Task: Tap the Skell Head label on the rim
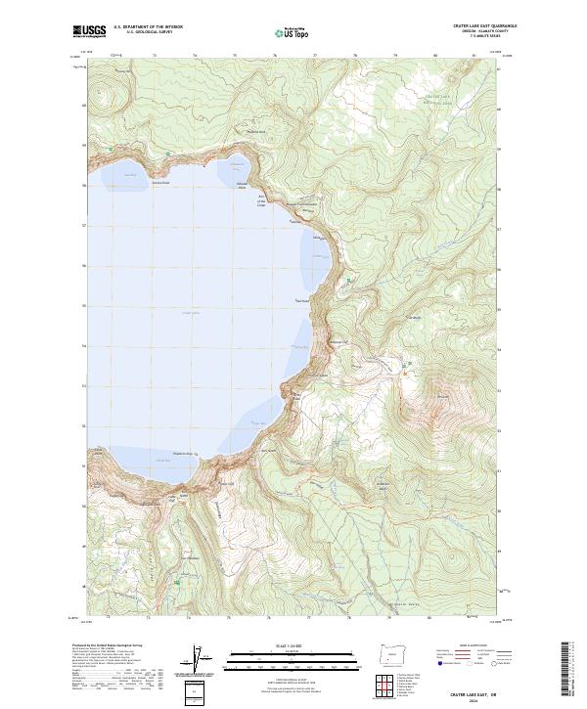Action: [x=301, y=299]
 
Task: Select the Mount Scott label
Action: [x=442, y=396]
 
